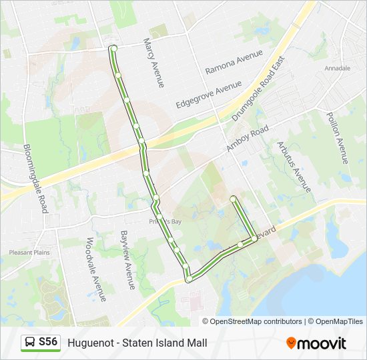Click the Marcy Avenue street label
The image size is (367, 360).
point(153,63)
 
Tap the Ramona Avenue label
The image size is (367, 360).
point(234,65)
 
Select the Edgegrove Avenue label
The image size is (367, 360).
point(208,95)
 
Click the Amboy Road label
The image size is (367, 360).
point(248,138)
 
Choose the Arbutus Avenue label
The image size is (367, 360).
point(294,166)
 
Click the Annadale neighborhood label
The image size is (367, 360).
point(337,68)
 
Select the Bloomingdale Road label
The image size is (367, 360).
point(35,178)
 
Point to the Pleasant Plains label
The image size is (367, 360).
point(25,253)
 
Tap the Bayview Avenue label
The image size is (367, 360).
point(127,260)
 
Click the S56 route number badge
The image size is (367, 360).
point(48,342)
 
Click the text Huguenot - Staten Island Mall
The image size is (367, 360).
point(137,343)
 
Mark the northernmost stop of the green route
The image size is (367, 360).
point(113,48)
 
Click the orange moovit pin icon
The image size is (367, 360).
point(291,343)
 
